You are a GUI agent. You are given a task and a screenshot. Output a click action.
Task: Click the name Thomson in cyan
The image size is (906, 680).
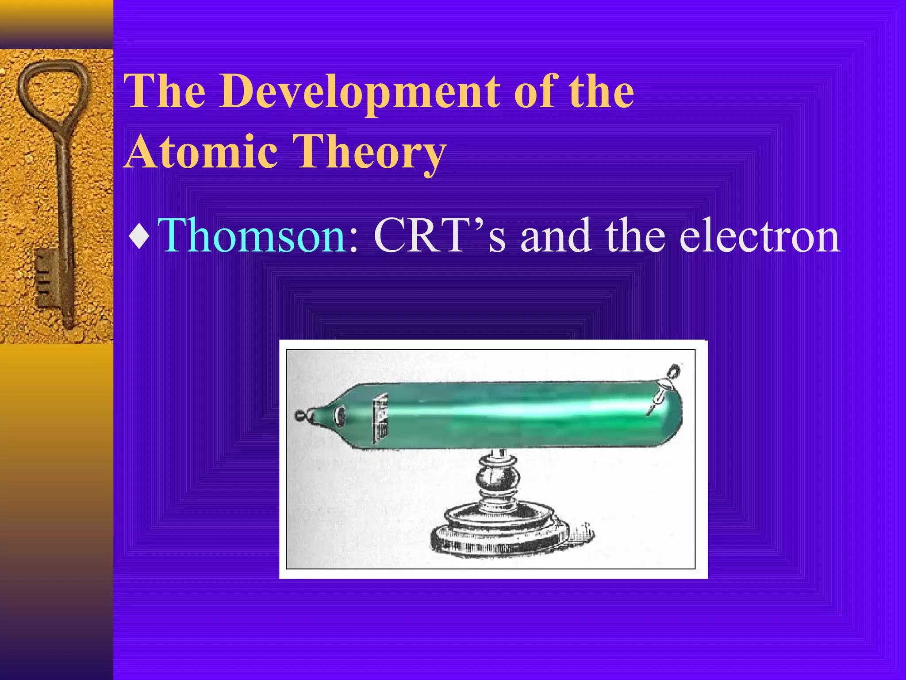(252, 236)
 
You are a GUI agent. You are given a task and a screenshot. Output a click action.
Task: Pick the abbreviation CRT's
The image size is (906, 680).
(440, 236)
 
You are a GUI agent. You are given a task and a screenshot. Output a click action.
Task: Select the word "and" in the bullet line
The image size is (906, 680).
(556, 236)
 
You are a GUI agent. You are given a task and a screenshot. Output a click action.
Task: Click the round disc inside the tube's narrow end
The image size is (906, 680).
(341, 415)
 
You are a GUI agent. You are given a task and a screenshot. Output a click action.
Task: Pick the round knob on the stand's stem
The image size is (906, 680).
(498, 478)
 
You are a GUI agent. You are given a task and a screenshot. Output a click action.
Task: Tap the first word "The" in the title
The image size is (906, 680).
(165, 92)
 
